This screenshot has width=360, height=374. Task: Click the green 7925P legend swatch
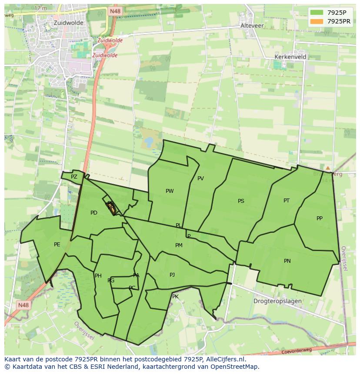317,13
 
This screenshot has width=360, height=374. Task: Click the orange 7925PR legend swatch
317,21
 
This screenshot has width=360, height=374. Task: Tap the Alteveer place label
252,26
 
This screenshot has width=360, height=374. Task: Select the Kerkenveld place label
290,57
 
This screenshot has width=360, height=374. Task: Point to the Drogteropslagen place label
277,301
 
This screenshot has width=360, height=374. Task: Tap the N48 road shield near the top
115,11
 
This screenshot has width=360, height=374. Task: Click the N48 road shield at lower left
23,305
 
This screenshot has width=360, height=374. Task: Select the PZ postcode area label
74,177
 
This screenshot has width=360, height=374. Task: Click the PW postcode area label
170,191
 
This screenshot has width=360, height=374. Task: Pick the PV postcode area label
200,179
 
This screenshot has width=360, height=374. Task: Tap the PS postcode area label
241,201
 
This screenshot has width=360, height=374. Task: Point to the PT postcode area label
287,201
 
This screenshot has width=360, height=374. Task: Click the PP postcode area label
320,218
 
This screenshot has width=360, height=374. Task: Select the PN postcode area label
287,261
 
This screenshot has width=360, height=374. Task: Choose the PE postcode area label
57,245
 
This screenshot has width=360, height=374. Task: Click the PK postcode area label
175,297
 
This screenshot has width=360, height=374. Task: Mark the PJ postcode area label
172,275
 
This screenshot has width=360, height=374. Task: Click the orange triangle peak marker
328,168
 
